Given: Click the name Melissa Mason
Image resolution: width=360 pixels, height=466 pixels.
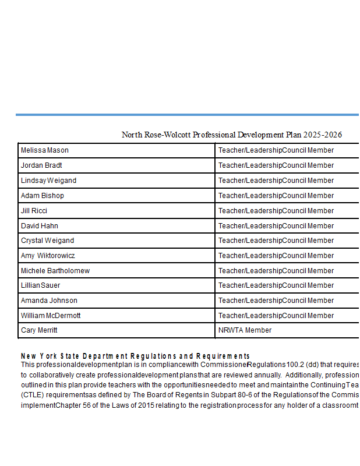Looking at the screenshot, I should pos(45,150).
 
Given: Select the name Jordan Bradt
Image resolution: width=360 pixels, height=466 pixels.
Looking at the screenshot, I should pos(41,165).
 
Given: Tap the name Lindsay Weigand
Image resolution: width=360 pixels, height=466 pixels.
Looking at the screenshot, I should pos(48,181).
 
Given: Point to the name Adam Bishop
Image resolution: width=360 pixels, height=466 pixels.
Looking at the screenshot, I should pos(43,196).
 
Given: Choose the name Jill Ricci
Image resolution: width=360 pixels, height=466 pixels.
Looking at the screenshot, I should pos(34,211).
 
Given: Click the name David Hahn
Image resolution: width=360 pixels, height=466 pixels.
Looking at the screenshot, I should pos(40,226).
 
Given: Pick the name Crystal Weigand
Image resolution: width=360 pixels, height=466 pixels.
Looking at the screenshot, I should pos(47,241).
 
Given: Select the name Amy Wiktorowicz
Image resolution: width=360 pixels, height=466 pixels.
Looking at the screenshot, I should pos(48,256).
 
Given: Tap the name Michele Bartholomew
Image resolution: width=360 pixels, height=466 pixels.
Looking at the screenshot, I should pos(55,271).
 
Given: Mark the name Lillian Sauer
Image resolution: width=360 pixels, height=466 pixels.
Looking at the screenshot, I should pos(40,285).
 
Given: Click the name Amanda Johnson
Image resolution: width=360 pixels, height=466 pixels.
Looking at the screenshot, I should pos(49,301).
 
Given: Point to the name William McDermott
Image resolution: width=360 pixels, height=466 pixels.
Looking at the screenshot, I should pos(51,316).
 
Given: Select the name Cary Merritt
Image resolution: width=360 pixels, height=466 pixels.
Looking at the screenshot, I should pos(39,330).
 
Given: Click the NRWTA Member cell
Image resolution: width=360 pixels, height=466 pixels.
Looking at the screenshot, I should pos(245,330).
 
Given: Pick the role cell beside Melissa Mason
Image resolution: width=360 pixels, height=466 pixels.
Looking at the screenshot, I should pos(276,150).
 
